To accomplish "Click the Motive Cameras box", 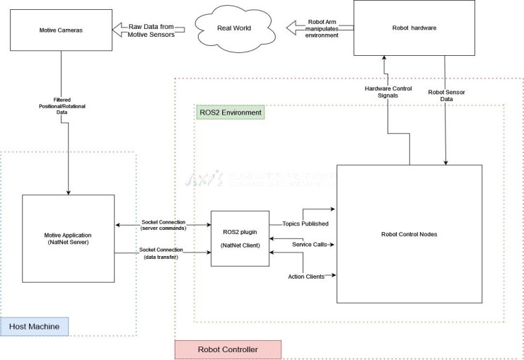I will point(62,30).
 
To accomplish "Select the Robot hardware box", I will point(414,28).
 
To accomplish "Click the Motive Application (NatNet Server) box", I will point(68,239).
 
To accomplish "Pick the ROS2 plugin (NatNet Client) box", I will point(240,239).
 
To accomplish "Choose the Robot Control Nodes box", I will point(409,233).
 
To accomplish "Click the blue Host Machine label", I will point(35,326).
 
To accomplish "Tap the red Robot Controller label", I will point(228,349).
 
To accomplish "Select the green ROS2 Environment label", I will point(230,112).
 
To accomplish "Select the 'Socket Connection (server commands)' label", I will point(163,225).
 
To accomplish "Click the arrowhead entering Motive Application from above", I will point(68,191).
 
